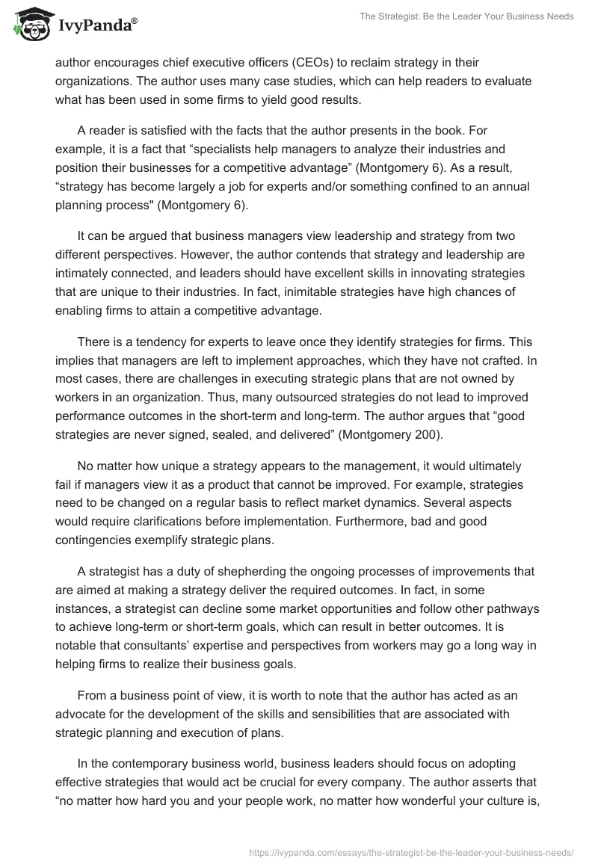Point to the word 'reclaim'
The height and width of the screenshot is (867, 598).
[396, 63]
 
